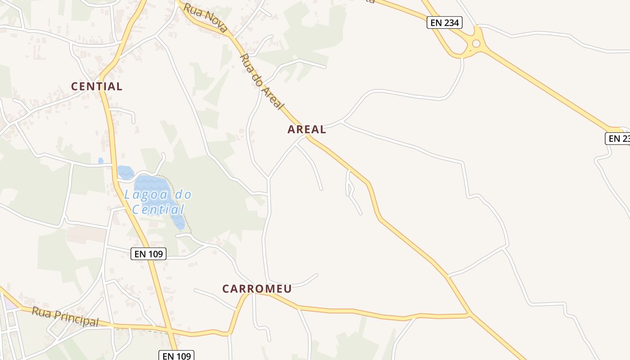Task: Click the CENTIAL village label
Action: [97, 86]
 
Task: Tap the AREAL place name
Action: [306, 130]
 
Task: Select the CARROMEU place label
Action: [257, 289]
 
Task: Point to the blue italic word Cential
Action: [158, 209]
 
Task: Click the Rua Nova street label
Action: [205, 19]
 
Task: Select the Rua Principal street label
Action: [65, 317]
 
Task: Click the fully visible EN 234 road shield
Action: [444, 22]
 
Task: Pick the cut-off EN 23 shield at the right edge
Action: [618, 139]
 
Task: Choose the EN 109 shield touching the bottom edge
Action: [177, 355]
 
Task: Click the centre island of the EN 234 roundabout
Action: [476, 44]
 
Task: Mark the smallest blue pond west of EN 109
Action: [101, 160]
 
